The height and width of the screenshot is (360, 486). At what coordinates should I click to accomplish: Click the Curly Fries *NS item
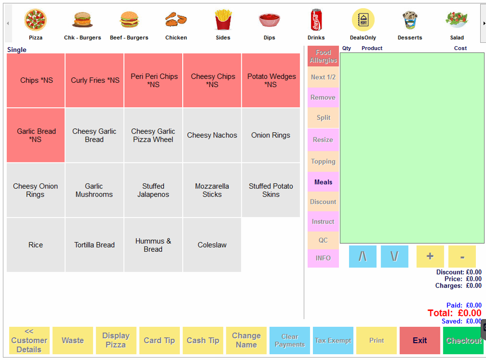[95, 80]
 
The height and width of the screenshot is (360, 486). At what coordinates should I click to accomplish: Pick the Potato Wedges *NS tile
[271, 80]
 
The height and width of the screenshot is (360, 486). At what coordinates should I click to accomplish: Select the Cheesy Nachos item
[212, 135]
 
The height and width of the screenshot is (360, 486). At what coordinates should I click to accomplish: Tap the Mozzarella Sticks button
[212, 190]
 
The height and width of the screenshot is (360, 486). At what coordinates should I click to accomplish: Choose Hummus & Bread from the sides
[153, 245]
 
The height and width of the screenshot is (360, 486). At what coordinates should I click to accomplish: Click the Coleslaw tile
[212, 245]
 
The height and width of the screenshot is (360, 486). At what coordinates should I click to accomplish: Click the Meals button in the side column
[323, 182]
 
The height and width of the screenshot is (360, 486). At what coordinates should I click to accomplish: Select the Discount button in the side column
[323, 202]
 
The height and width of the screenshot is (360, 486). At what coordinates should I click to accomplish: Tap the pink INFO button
[323, 258]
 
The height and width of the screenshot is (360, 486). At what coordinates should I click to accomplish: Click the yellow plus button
[430, 257]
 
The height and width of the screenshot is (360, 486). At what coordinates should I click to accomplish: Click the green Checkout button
[463, 340]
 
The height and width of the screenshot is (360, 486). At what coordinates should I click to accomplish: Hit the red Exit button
[420, 340]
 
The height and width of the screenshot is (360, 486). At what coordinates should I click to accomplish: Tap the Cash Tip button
[203, 340]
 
